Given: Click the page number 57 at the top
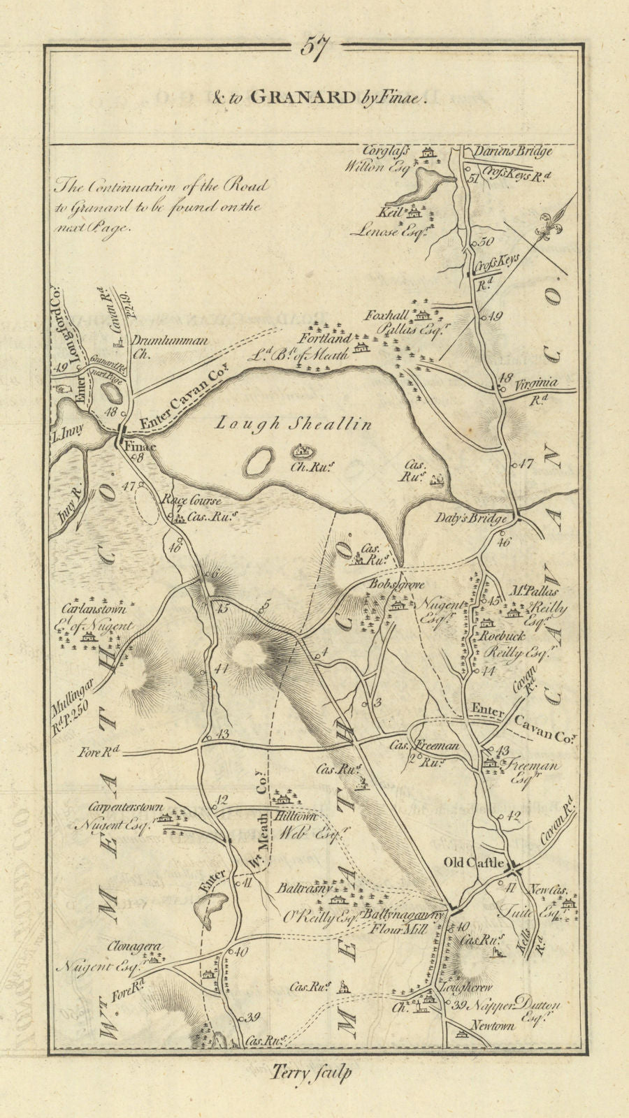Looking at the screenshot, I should [314, 49].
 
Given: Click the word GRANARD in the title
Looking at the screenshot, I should [303, 97].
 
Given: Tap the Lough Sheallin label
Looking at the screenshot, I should [293, 423].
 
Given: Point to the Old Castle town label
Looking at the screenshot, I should [475, 863].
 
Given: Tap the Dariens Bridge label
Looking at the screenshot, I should [512, 151].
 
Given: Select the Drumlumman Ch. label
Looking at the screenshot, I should [168, 342].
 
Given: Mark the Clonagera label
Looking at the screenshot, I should [135, 947].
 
